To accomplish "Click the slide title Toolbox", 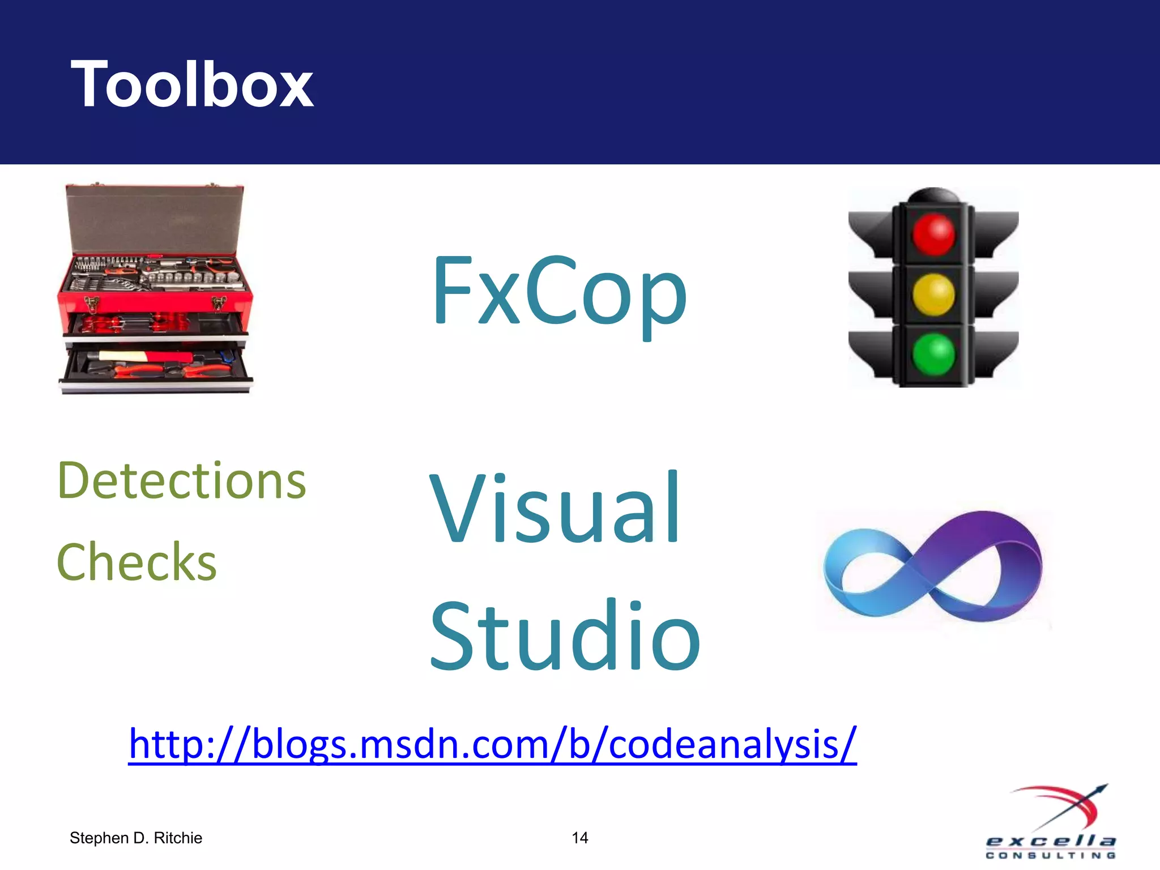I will pyautogui.click(x=192, y=84).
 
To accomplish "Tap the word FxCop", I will pyautogui.click(x=560, y=292).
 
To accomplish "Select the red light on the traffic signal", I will pyautogui.click(x=933, y=234).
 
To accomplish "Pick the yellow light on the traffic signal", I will pyautogui.click(x=933, y=295).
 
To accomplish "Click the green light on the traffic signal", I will pyautogui.click(x=933, y=355).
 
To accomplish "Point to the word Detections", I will pyautogui.click(x=182, y=481).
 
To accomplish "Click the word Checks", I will pyautogui.click(x=137, y=562).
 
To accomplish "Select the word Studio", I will pyautogui.click(x=565, y=636).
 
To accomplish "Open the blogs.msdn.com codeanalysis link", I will pyautogui.click(x=492, y=743).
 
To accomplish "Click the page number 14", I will pyautogui.click(x=579, y=838).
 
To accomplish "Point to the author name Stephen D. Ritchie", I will pyautogui.click(x=136, y=838).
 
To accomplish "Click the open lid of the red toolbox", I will pyautogui.click(x=154, y=218).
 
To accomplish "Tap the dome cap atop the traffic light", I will pyautogui.click(x=933, y=196).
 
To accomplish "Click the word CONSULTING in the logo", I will pyautogui.click(x=1051, y=855).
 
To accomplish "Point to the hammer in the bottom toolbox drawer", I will pyautogui.click(x=142, y=357).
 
